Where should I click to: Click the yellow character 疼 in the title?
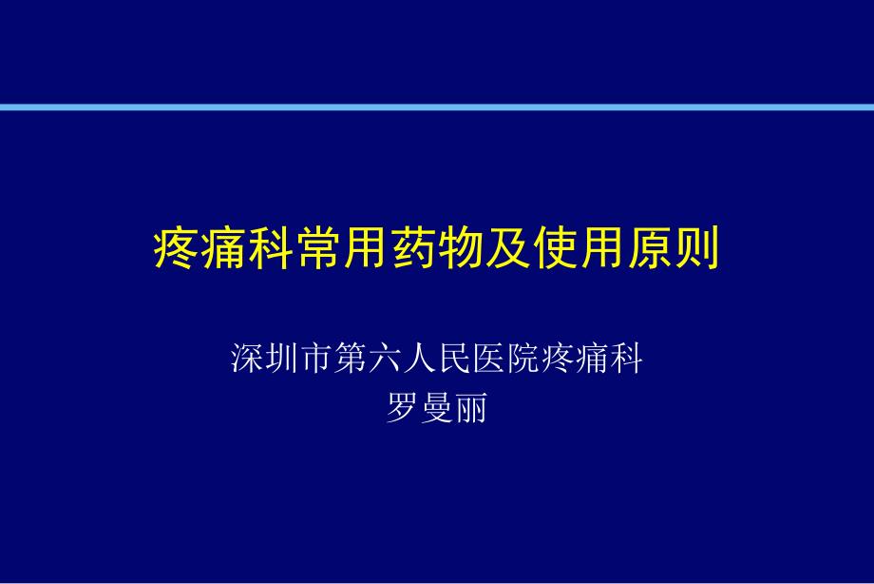pyautogui.click(x=176, y=248)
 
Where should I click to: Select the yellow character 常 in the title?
pyautogui.click(x=318, y=248)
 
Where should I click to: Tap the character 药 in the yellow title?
pyautogui.click(x=413, y=248)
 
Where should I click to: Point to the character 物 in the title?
pyautogui.click(x=461, y=248)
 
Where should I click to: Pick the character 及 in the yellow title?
pyautogui.click(x=508, y=248)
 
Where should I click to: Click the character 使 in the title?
pyautogui.click(x=555, y=248)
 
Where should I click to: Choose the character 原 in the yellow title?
pyautogui.click(x=650, y=248)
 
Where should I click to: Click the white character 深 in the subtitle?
pyautogui.click(x=247, y=358)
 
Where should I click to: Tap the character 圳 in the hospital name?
pyautogui.click(x=281, y=358)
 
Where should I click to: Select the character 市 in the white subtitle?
pyautogui.click(x=316, y=358)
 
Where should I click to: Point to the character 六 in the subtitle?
pyautogui.click(x=385, y=358)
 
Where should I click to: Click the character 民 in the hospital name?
pyautogui.click(x=454, y=358)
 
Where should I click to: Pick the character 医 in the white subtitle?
pyautogui.click(x=489, y=358)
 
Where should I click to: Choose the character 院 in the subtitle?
pyautogui.click(x=523, y=358)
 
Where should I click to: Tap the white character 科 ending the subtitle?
pyautogui.click(x=627, y=358)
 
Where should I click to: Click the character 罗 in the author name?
pyautogui.click(x=403, y=407)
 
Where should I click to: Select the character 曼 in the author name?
pyautogui.click(x=437, y=407)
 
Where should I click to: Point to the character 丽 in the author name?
pyautogui.click(x=471, y=407)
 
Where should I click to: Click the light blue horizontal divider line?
pyautogui.click(x=437, y=107)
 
